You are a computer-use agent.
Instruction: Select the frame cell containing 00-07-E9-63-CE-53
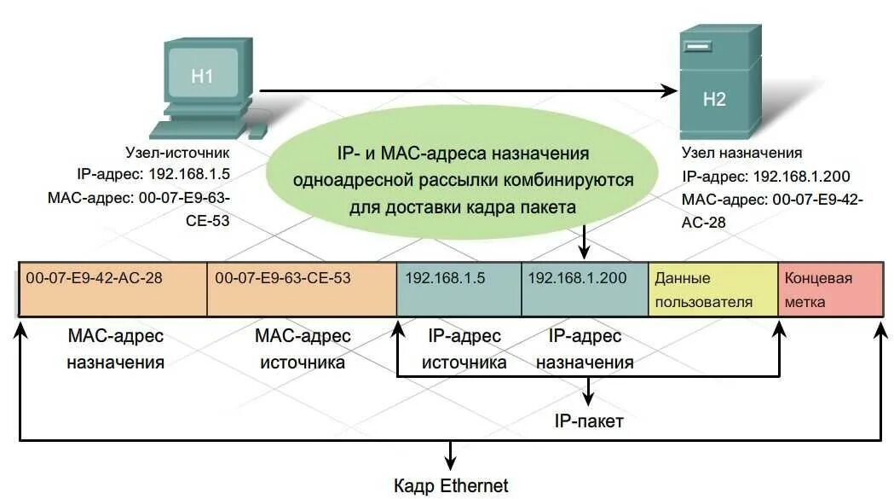point(302,290)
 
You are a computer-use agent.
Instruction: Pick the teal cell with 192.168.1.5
point(459,290)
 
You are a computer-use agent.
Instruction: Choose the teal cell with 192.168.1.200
point(584,290)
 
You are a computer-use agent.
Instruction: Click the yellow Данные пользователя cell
point(712,290)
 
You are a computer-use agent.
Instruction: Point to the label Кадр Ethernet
point(451,486)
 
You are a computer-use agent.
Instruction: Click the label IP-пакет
point(589,421)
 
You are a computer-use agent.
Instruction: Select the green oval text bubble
point(463,180)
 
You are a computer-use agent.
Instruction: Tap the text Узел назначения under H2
point(741,153)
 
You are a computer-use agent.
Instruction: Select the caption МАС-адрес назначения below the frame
point(115,348)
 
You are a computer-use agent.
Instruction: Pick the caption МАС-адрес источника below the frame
point(302,348)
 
